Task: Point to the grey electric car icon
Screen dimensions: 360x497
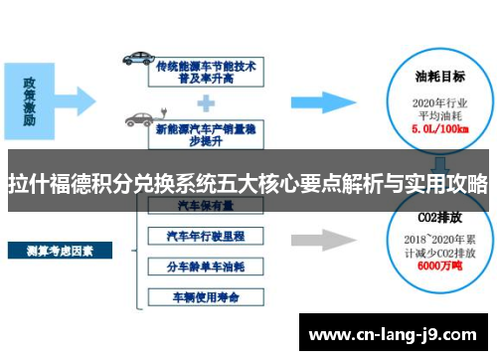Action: tap(138, 119)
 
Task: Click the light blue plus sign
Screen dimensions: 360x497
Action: tap(206, 99)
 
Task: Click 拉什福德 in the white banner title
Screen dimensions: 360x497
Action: tap(54, 183)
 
